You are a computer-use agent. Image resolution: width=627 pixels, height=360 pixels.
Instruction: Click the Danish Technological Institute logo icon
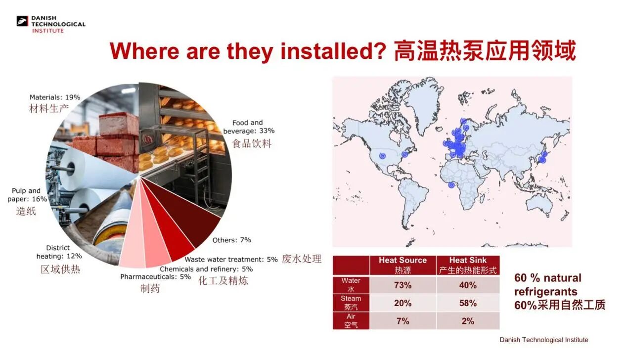22,21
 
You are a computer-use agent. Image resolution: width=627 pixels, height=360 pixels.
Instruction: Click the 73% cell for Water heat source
403,285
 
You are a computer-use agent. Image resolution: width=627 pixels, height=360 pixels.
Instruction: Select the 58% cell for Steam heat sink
468,303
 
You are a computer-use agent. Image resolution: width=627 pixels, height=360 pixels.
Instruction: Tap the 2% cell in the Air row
468,321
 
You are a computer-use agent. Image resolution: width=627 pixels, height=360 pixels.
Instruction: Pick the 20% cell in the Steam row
403,303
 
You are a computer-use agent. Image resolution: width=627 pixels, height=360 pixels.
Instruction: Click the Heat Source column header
403,265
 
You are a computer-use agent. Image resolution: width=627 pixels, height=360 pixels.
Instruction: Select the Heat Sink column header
468,265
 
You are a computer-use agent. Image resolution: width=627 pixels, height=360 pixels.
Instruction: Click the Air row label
351,321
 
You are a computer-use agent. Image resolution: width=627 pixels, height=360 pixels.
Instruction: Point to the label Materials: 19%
55,97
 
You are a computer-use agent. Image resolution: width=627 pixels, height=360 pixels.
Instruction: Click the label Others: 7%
231,240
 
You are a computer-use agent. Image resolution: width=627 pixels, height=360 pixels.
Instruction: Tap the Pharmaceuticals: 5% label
155,276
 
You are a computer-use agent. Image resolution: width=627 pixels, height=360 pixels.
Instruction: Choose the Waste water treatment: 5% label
231,259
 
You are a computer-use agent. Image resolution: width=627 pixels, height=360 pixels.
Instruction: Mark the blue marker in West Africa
451,185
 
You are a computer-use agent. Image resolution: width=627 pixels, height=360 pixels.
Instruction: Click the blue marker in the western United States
382,156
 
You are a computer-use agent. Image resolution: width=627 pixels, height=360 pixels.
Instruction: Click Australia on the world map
539,203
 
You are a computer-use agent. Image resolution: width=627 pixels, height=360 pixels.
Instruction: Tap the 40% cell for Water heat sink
468,285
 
